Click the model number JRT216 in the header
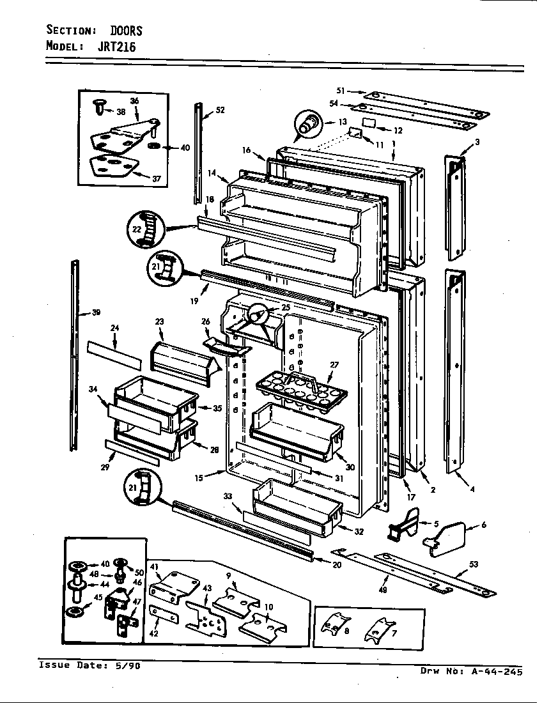[x=116, y=47]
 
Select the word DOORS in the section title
[x=127, y=31]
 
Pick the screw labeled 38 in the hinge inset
[x=100, y=107]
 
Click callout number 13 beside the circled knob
[x=343, y=122]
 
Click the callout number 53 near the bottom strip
[x=474, y=564]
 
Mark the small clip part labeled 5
[x=403, y=523]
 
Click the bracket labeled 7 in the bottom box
[x=379, y=629]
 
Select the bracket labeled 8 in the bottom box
[x=336, y=625]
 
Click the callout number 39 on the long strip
[x=95, y=313]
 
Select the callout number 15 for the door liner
[x=199, y=477]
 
